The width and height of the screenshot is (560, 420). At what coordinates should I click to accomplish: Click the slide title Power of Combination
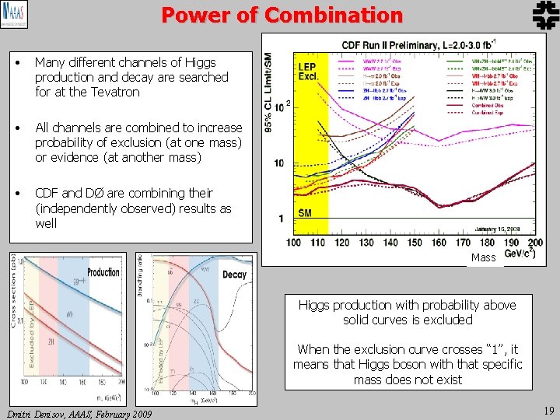pos(282,15)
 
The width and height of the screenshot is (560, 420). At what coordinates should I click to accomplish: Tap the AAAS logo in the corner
pos(15,15)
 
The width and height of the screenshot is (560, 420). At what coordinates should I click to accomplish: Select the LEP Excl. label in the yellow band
pos(307,72)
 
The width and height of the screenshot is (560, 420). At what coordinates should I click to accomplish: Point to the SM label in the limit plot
pos(306,212)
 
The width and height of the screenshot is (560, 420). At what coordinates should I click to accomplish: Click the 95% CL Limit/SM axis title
pos(270,93)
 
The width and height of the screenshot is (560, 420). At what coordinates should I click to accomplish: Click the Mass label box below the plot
pos(484,257)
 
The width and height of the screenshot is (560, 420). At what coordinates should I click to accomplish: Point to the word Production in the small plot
pos(103,272)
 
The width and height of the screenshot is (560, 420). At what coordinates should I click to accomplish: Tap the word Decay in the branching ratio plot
pos(234,275)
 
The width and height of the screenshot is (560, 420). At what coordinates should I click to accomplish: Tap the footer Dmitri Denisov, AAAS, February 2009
pos(79,413)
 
